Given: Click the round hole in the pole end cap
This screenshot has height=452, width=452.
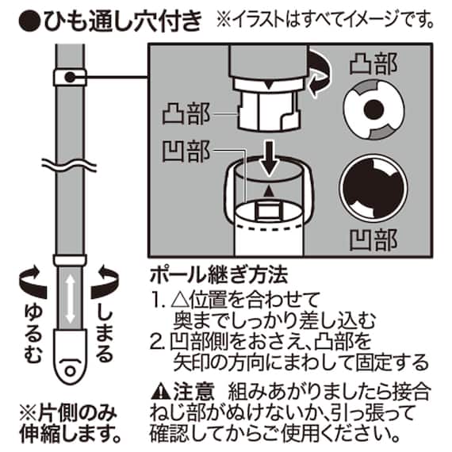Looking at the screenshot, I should tap(71, 370).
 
